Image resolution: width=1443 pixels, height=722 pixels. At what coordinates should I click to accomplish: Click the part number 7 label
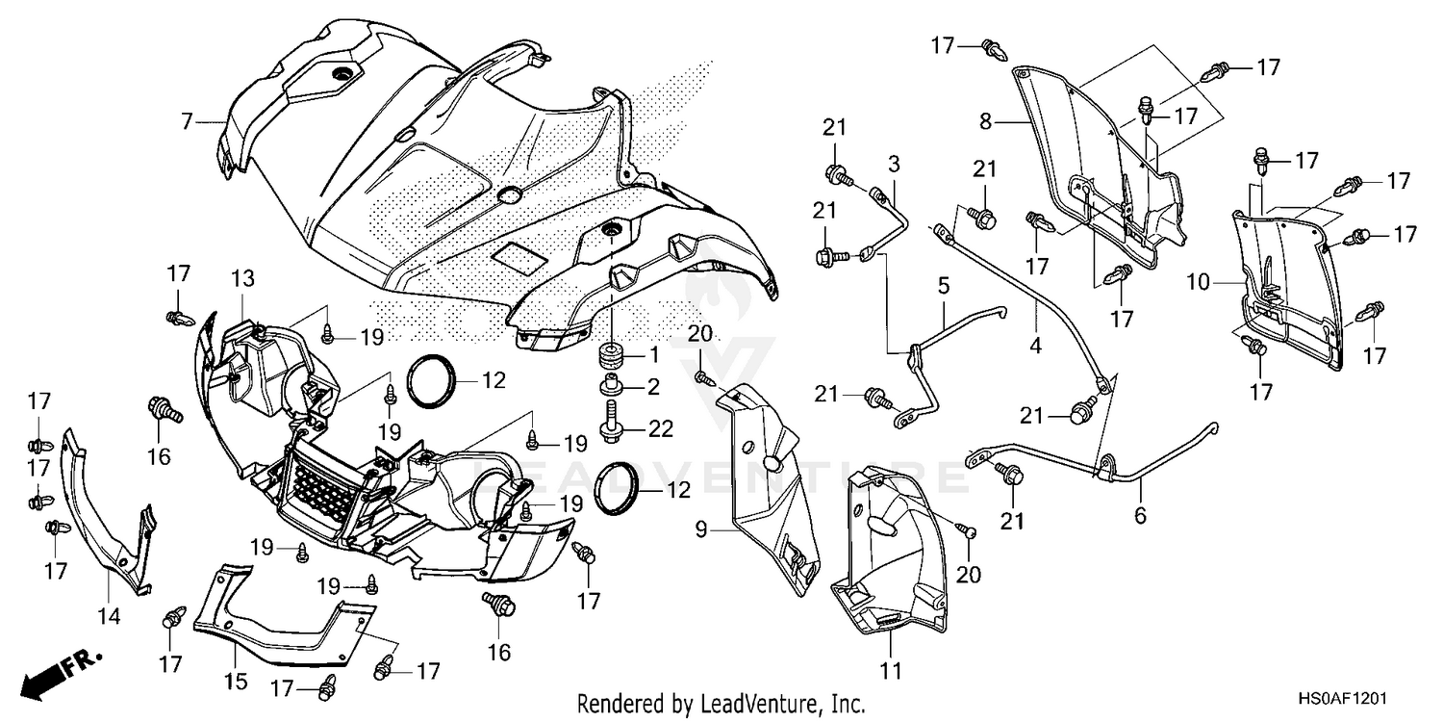(188, 121)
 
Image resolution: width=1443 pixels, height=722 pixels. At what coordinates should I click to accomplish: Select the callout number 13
(242, 279)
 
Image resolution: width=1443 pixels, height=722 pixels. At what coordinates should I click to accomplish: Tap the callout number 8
(984, 122)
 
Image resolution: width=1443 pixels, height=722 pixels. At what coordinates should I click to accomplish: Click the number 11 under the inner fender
(891, 670)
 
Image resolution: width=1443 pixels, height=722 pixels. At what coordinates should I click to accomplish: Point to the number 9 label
(700, 529)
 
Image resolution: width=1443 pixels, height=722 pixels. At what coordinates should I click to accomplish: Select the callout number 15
(236, 682)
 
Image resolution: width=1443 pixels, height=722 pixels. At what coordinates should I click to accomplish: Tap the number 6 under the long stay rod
(1140, 516)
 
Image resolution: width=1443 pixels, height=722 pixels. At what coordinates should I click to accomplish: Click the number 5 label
(944, 285)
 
